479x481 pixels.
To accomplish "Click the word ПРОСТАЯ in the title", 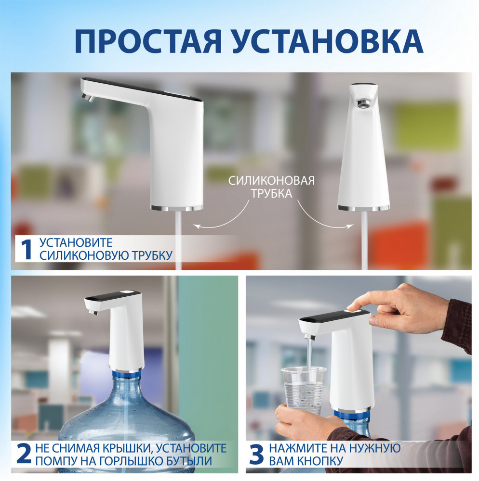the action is (x=148, y=41).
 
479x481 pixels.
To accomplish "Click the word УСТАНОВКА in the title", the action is (x=327, y=41).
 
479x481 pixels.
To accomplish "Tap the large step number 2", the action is (x=24, y=454).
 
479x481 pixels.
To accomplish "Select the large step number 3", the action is (x=256, y=454).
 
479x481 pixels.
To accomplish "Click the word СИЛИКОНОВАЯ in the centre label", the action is (x=271, y=181).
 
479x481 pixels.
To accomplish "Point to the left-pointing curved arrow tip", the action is (x=195, y=226).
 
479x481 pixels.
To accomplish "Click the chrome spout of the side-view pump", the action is (x=88, y=98).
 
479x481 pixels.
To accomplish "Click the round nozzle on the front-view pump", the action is (x=363, y=102).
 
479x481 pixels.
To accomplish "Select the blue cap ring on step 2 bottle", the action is (x=127, y=374).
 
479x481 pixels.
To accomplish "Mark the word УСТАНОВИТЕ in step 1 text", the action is (x=76, y=242).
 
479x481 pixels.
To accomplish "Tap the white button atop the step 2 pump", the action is (x=128, y=293).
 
